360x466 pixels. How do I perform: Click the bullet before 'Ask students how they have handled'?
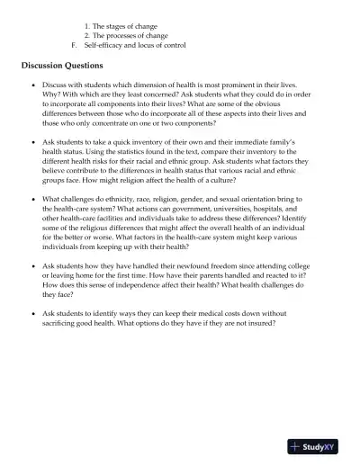click(x=32, y=266)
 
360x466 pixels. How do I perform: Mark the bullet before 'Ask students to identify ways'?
click(x=32, y=313)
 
